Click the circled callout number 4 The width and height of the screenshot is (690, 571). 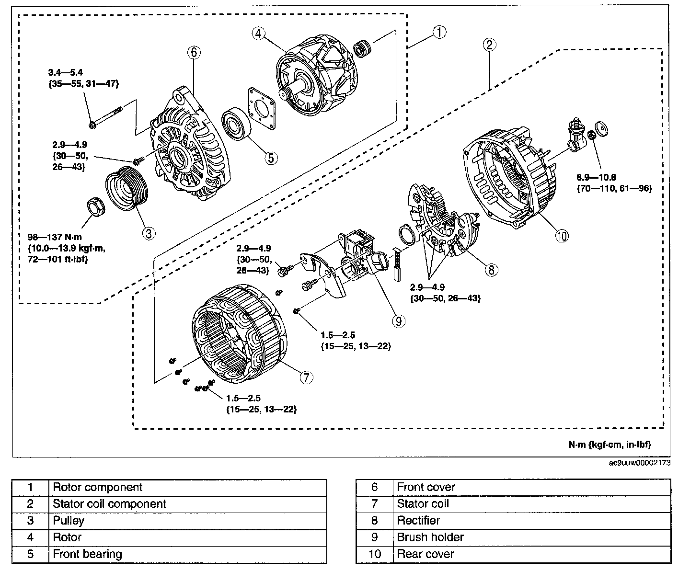(258, 34)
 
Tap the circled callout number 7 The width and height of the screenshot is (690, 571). (306, 377)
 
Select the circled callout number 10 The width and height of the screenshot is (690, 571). (562, 236)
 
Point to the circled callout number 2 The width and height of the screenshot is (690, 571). (489, 45)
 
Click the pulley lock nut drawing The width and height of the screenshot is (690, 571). (95, 207)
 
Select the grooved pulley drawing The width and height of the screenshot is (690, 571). (127, 189)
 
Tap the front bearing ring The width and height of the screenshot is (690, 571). (236, 125)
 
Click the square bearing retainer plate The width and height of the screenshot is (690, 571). (262, 108)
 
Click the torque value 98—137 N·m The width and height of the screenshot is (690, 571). (55, 237)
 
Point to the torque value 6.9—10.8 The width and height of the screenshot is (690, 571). (596, 177)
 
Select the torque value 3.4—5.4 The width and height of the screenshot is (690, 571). (66, 72)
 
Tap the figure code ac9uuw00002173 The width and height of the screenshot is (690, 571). (640, 463)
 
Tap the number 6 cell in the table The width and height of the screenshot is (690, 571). (374, 487)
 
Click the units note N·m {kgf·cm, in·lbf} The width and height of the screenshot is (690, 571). (609, 445)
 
